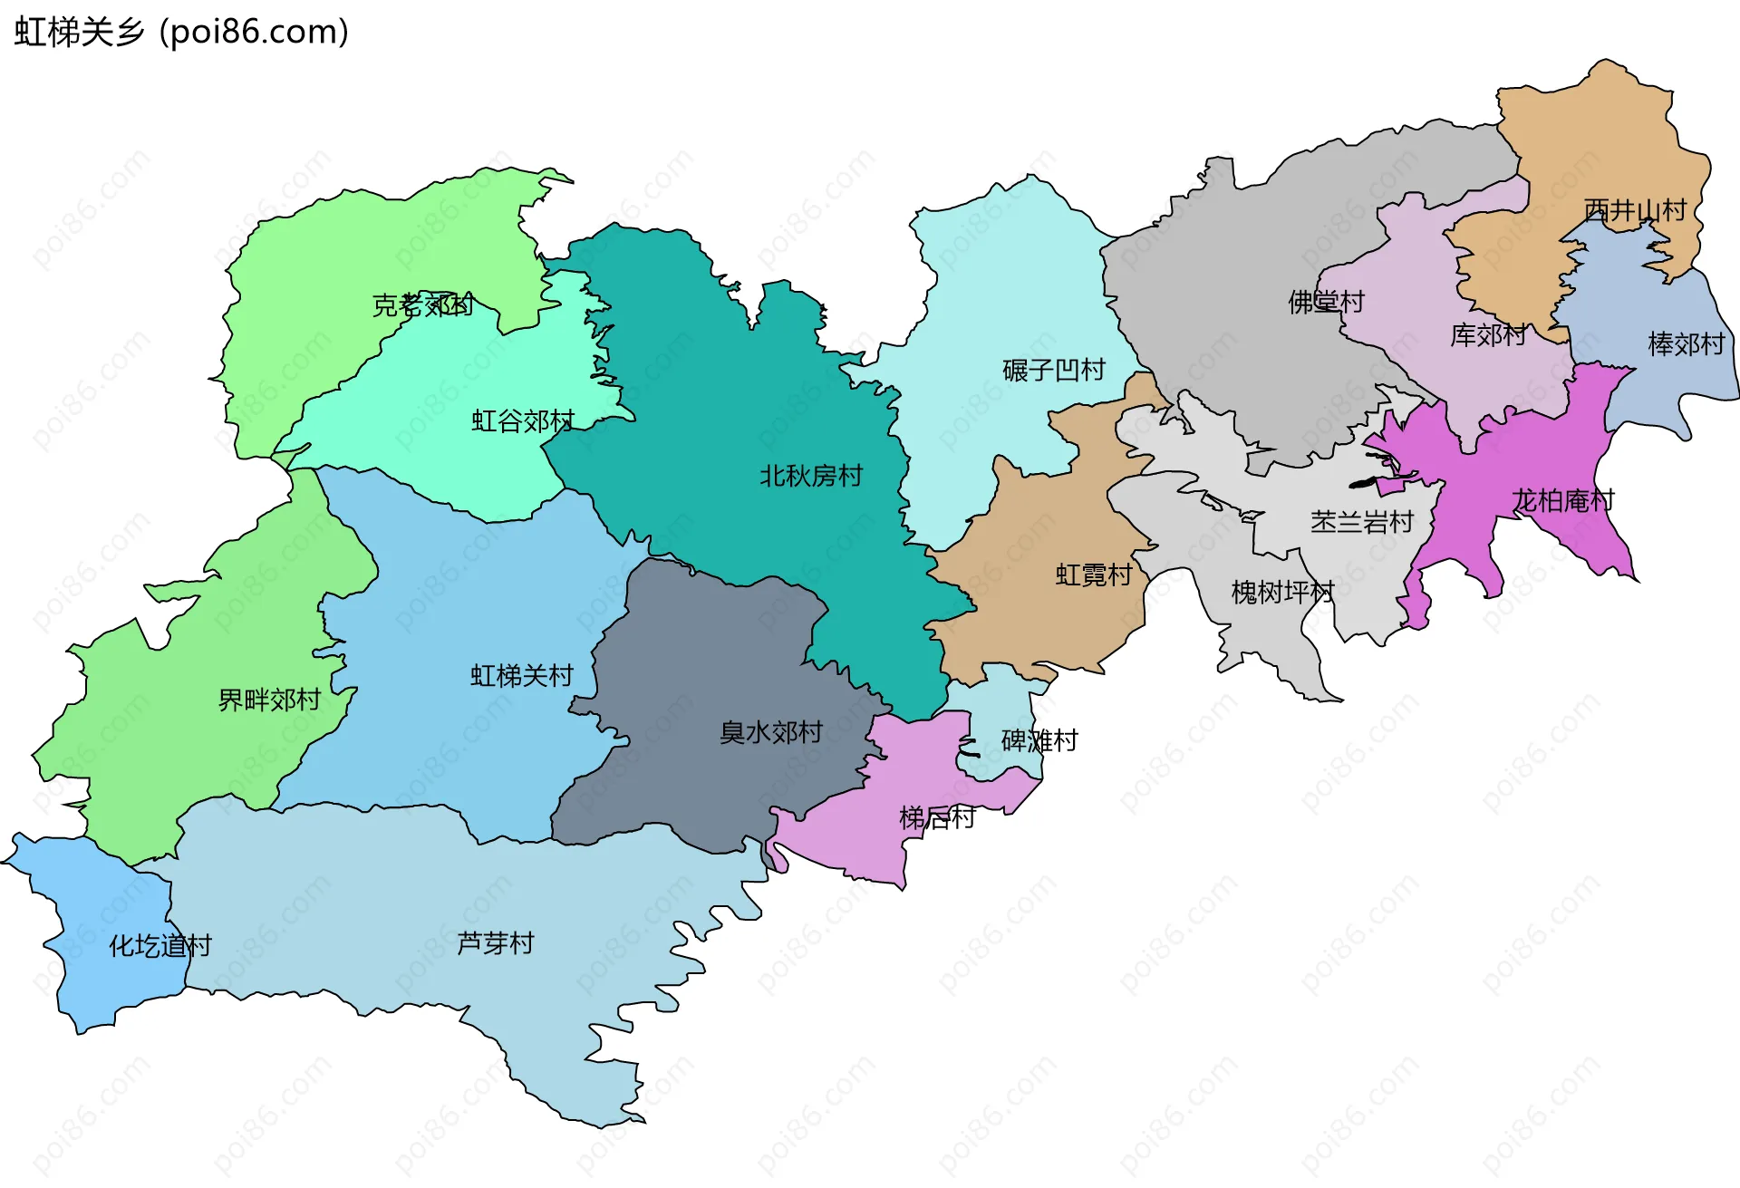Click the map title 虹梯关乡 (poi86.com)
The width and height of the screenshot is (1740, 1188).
tap(181, 33)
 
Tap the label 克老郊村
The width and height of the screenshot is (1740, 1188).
tap(422, 305)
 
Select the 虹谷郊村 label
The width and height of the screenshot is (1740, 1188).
tap(523, 421)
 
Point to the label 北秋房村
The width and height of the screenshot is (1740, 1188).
tap(811, 477)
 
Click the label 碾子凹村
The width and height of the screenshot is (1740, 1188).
tap(1054, 371)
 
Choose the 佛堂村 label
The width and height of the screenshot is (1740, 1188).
tap(1327, 303)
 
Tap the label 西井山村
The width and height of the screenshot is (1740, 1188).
tap(1635, 211)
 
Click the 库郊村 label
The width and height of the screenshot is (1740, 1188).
tap(1488, 336)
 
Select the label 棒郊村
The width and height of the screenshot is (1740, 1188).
tap(1686, 345)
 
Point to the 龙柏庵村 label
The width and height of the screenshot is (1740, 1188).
tap(1563, 501)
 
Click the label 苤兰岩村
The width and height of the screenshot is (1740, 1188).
tap(1362, 523)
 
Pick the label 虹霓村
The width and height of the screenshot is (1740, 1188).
tap(1094, 575)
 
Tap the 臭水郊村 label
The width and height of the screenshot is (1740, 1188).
tap(771, 733)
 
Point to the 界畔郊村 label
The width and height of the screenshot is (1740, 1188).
tap(270, 700)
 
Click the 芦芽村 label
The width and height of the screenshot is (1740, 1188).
tap(496, 944)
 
